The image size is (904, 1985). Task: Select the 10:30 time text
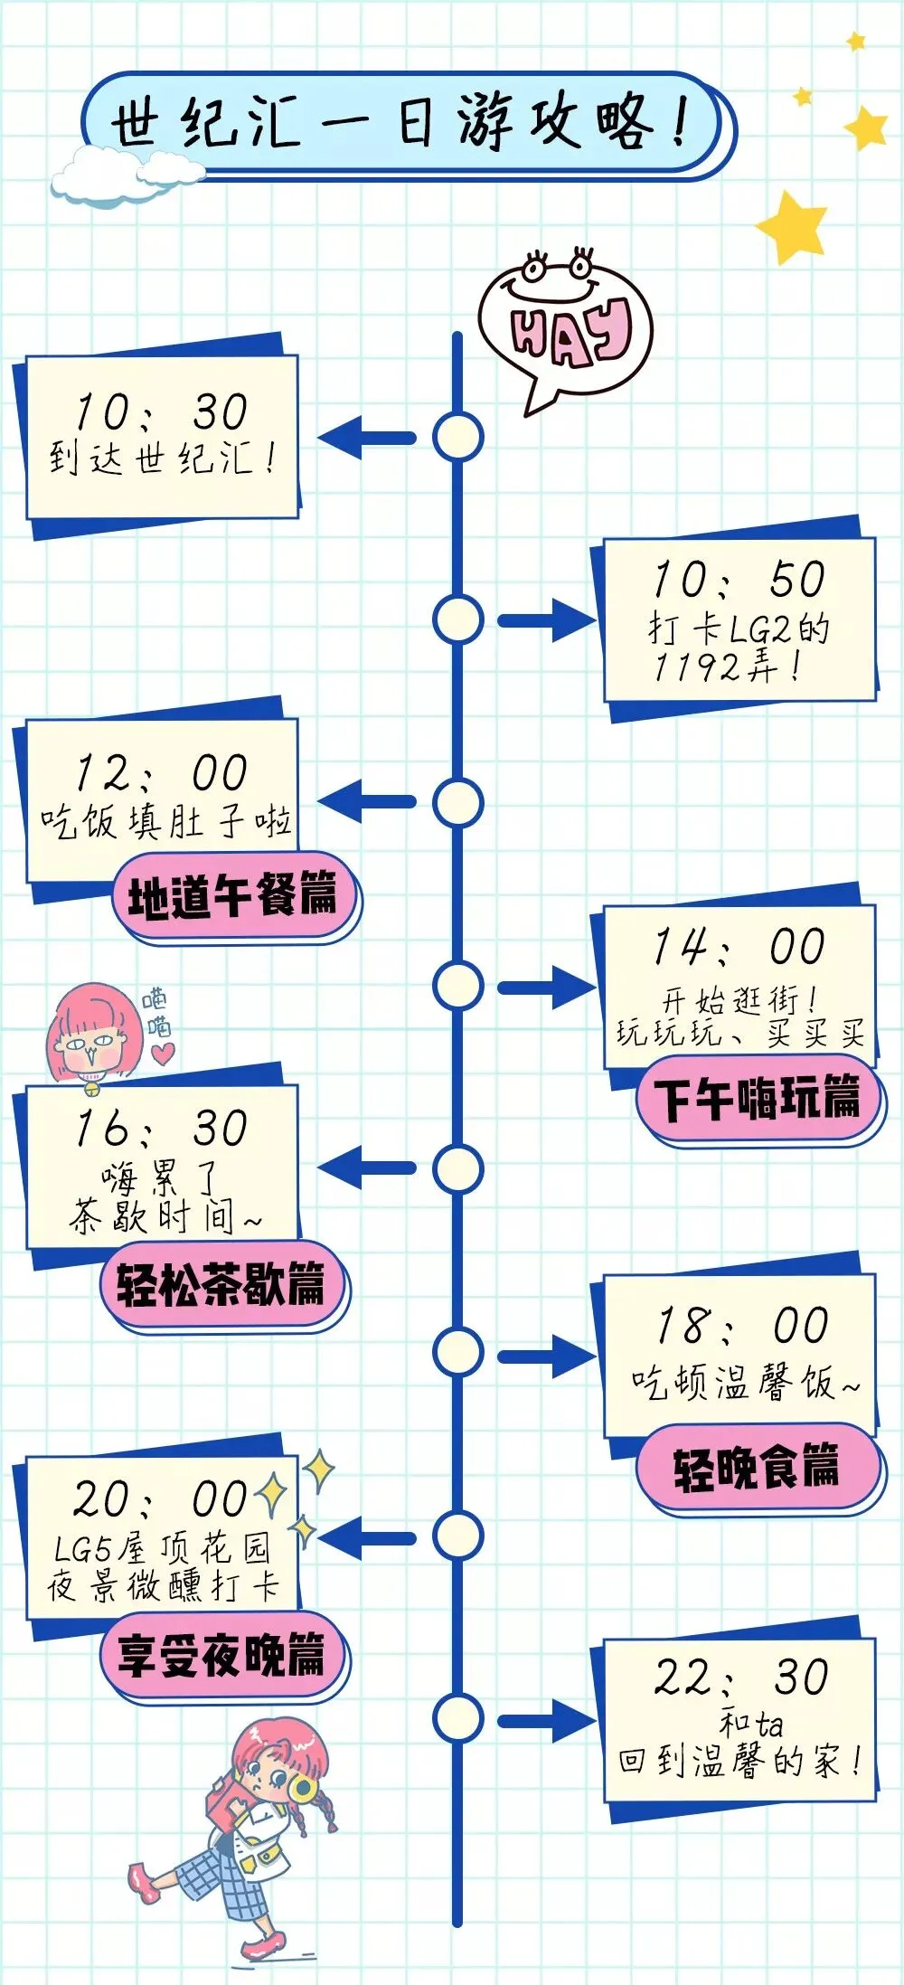coord(161,412)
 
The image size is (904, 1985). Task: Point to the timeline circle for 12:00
coord(457,803)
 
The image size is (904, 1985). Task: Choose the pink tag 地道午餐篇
coord(233,896)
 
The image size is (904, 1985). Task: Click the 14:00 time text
coord(739,947)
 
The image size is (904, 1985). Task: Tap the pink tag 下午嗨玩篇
coord(758,1100)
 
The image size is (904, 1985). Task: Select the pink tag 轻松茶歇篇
coord(221,1284)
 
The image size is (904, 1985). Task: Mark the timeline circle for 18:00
coord(457,1352)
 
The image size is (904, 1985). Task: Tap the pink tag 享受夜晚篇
coord(221,1655)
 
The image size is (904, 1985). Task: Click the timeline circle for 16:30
coord(457,1168)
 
